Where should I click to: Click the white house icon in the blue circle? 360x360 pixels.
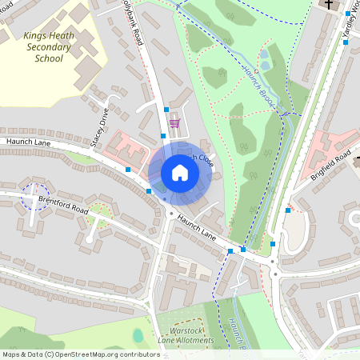(x=179, y=173)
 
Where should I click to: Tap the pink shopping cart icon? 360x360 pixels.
(x=174, y=123)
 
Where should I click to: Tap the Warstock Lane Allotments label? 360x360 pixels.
(x=186, y=336)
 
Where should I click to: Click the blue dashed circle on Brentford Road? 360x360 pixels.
(x=34, y=196)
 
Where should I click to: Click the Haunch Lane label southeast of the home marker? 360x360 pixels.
(x=197, y=227)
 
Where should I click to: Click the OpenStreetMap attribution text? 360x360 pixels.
(x=80, y=354)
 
